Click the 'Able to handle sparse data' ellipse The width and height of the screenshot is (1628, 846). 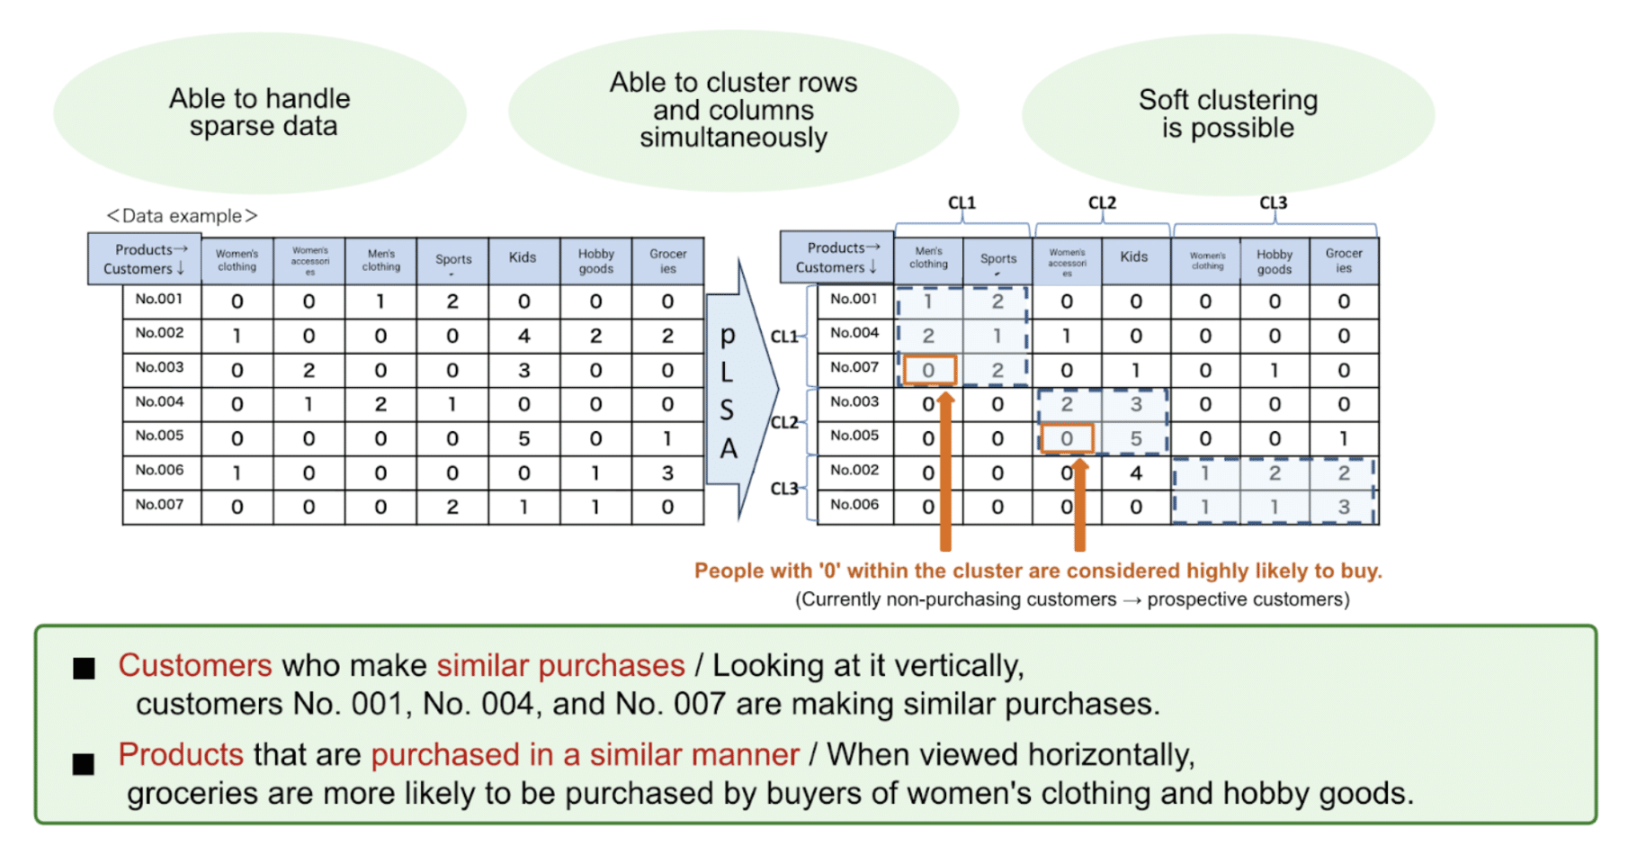(260, 112)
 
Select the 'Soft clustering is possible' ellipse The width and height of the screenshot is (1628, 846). (1228, 113)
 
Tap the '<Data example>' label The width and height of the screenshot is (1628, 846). (182, 216)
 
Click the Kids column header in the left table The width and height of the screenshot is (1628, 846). (523, 258)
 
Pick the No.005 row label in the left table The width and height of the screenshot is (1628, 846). (160, 436)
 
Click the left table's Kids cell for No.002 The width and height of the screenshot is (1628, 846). (523, 336)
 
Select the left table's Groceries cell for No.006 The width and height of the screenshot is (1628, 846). (667, 473)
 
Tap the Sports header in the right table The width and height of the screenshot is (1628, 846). (998, 259)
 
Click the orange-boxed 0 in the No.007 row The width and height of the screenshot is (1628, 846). (928, 370)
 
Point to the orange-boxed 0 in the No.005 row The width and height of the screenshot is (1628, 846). (1067, 438)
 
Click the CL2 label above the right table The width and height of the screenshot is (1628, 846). (1102, 203)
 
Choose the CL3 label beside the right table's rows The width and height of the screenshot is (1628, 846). (784, 489)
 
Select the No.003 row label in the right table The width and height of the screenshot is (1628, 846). (854, 402)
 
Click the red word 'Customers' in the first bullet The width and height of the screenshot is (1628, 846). (194, 666)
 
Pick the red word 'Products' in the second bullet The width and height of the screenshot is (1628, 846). (181, 755)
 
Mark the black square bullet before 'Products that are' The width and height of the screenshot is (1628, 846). (84, 764)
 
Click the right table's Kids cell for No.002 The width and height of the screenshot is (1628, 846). (1136, 473)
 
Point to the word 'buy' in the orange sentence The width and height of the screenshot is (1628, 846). (1358, 571)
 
